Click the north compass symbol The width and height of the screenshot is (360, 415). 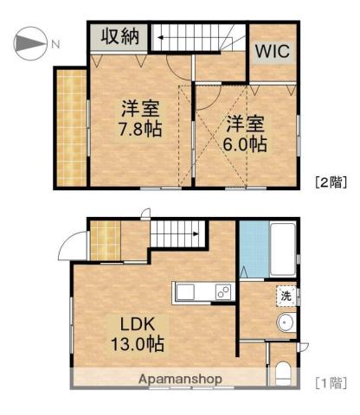[x=30, y=43]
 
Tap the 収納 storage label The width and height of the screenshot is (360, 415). [x=120, y=36]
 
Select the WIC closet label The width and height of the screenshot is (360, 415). [x=273, y=51]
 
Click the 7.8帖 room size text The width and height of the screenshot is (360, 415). [x=140, y=129]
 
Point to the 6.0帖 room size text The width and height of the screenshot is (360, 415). [x=245, y=144]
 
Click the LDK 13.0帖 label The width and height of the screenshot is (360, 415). [x=138, y=334]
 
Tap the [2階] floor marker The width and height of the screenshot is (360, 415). [x=331, y=182]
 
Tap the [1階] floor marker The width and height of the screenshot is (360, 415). [x=331, y=383]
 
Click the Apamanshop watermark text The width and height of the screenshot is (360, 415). [x=180, y=379]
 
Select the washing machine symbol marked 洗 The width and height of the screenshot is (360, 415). [x=286, y=296]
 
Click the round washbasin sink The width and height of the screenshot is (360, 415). [x=286, y=322]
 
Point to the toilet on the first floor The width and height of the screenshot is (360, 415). [x=282, y=373]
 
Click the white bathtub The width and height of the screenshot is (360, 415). [x=283, y=249]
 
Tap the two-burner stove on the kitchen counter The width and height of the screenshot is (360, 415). [x=223, y=291]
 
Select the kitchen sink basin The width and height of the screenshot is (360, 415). [x=185, y=292]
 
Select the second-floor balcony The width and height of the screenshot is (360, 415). [x=71, y=128]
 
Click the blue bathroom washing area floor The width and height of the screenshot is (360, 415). [x=254, y=249]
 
